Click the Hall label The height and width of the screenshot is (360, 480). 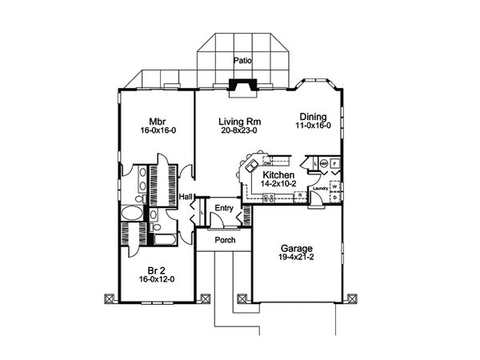pos(186,196)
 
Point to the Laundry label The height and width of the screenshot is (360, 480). pos(320,188)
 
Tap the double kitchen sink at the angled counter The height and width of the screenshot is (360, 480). pos(251,165)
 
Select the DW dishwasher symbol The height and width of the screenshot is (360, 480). pos(267,163)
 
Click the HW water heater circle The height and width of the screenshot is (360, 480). pos(323,163)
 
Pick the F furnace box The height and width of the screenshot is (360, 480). pos(334,163)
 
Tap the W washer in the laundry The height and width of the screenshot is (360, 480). pos(334,186)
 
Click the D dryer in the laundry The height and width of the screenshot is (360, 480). pos(334,198)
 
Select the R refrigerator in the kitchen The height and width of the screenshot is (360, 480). pos(300,195)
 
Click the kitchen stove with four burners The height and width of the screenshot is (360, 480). pos(269,198)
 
